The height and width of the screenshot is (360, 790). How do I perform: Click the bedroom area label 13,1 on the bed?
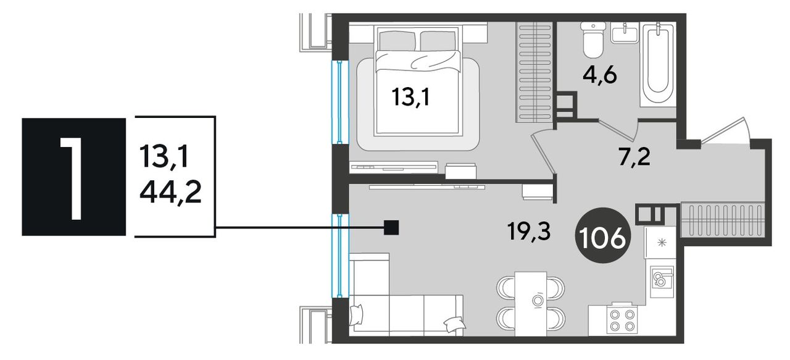[411, 97]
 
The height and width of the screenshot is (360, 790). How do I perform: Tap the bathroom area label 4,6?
[599, 75]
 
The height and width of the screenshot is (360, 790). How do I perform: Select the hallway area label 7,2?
[634, 157]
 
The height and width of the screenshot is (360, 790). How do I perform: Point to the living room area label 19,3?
[529, 232]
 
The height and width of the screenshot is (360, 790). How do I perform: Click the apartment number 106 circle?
[602, 235]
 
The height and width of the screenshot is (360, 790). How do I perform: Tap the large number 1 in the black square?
[73, 177]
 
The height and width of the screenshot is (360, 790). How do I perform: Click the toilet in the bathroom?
[593, 40]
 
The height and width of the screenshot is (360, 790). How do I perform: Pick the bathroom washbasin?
[625, 33]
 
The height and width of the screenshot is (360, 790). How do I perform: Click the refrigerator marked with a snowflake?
[660, 243]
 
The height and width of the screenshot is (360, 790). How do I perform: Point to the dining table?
[530, 304]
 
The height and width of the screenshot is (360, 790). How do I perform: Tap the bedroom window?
[340, 102]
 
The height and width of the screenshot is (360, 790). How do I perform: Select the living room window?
[340, 256]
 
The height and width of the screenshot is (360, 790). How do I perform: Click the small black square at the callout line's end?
[391, 228]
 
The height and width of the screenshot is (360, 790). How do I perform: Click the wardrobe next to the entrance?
[723, 224]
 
